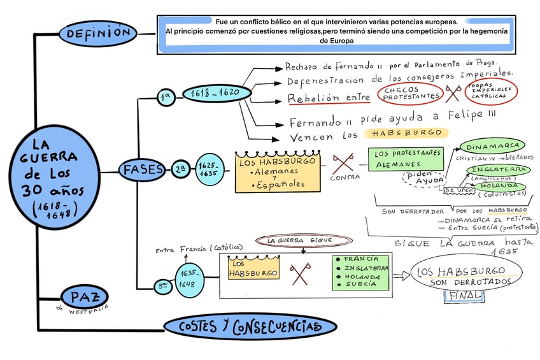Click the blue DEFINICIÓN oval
pyautogui.click(x=98, y=32)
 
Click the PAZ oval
pyautogui.click(x=85, y=296)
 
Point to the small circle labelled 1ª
pyautogui.click(x=166, y=97)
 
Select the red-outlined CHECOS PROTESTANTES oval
pyautogui.click(x=411, y=94)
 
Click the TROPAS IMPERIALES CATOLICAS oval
pyautogui.click(x=491, y=92)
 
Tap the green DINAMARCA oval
pyautogui.click(x=492, y=145)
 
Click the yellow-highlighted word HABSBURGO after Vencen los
pyautogui.click(x=406, y=133)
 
